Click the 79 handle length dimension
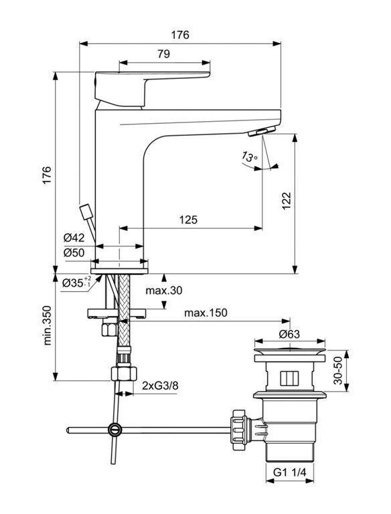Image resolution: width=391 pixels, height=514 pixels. tap(163, 54)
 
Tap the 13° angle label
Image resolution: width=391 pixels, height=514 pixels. tap(250, 157)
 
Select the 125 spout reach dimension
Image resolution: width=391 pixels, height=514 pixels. tap(188, 220)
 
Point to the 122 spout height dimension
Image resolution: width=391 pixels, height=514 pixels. tap(287, 201)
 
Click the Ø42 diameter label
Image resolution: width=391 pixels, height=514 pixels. tap(74, 238)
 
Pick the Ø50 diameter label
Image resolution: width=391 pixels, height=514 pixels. tap(74, 253)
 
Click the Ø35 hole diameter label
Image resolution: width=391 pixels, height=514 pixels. tap(77, 282)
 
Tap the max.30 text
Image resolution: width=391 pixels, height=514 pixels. tap(163, 290)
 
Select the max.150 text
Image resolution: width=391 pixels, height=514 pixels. tap(206, 313)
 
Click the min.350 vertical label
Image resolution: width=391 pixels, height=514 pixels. tap(48, 325)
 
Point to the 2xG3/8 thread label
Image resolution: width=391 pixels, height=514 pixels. tap(160, 385)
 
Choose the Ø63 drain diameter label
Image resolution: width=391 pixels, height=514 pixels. tap(289, 334)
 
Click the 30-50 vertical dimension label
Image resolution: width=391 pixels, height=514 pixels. tap(337, 370)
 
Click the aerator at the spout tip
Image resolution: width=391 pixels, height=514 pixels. tap(261, 131)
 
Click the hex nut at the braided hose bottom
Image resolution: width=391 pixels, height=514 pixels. tap(124, 373)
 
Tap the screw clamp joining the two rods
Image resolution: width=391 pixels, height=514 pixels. tap(114, 430)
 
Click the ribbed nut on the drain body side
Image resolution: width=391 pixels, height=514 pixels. tap(240, 430)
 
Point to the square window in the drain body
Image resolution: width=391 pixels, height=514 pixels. tap(289, 379)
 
